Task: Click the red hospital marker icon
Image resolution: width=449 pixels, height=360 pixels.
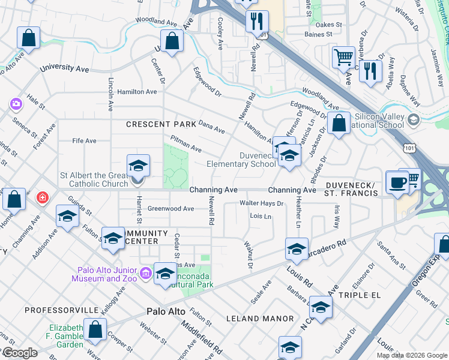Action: point(42,197)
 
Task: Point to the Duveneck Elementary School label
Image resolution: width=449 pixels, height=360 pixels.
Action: point(241,159)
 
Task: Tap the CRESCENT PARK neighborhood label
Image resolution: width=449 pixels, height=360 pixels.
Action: point(161,124)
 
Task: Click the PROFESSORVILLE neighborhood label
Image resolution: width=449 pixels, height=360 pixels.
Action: point(61,310)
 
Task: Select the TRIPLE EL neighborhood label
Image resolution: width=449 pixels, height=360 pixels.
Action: point(360,296)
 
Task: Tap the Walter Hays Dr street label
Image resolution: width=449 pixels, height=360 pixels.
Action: point(261,203)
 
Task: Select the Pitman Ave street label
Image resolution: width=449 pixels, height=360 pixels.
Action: point(186,144)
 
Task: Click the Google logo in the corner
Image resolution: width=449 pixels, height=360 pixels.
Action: point(19,353)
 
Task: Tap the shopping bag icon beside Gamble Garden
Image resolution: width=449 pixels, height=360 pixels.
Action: point(95,329)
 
